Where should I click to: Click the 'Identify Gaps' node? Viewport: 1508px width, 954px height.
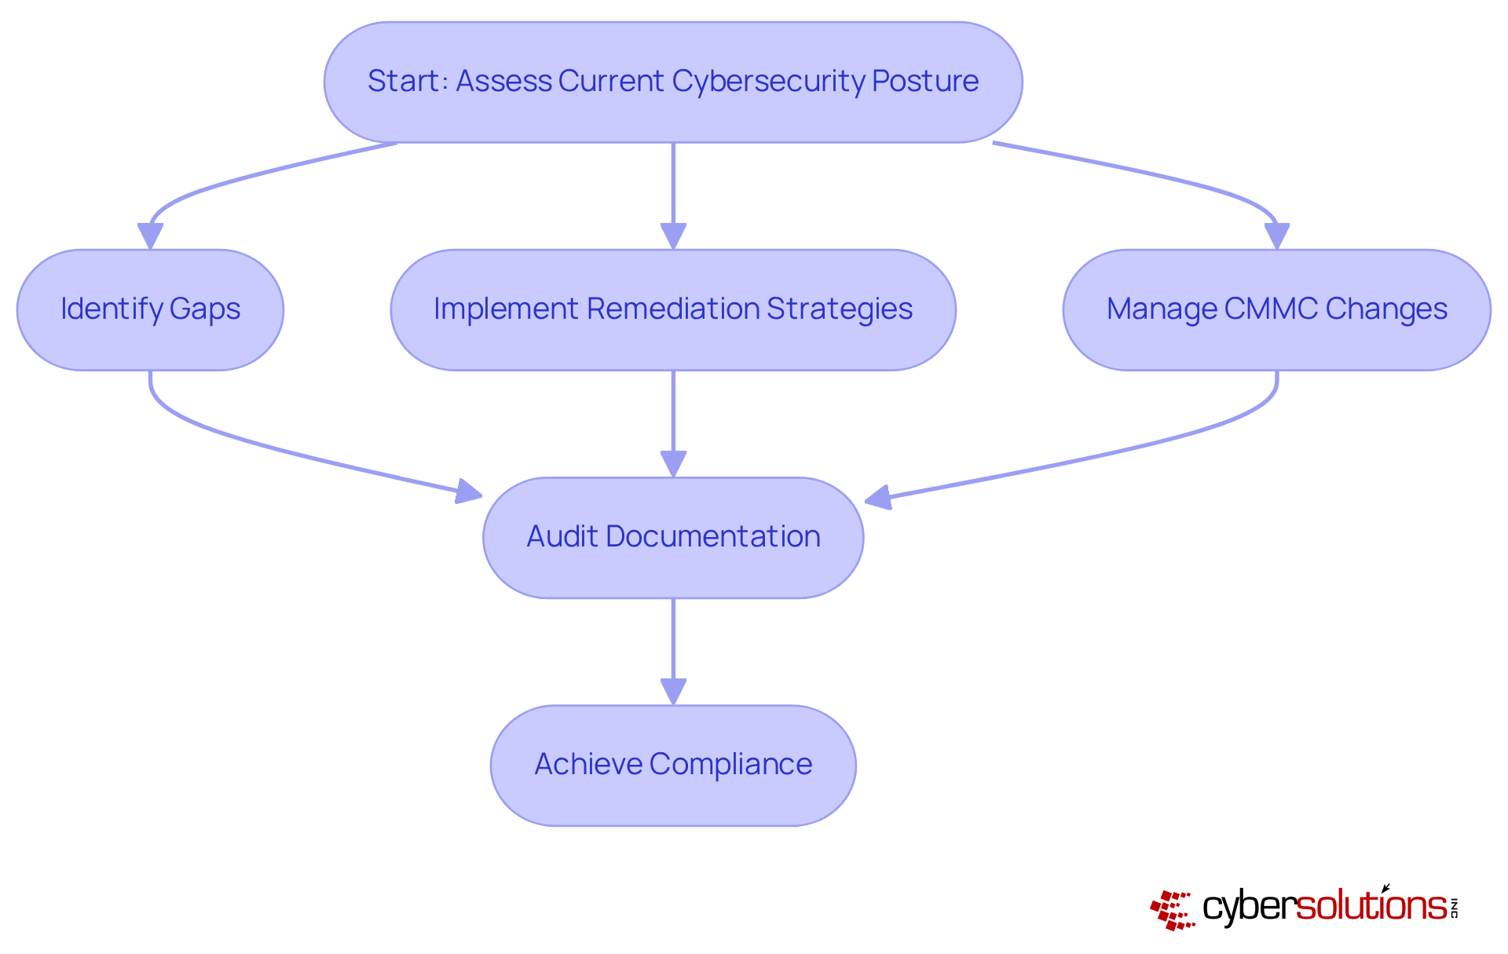pos(150,309)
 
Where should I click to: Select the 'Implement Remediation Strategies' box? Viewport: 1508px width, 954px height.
pos(673,309)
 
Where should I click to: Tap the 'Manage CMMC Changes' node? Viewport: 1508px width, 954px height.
pos(1276,309)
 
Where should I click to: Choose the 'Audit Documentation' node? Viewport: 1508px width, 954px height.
pos(673,537)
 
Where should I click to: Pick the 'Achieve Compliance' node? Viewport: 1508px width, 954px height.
pos(673,765)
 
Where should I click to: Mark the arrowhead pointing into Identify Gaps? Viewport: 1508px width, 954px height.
pos(150,236)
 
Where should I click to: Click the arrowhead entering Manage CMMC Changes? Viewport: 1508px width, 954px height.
pos(1276,236)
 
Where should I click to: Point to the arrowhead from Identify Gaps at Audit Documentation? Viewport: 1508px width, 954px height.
pos(469,492)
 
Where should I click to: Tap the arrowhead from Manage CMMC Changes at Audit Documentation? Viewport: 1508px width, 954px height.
pos(878,497)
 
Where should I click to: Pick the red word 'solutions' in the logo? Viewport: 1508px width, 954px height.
pos(1371,906)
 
